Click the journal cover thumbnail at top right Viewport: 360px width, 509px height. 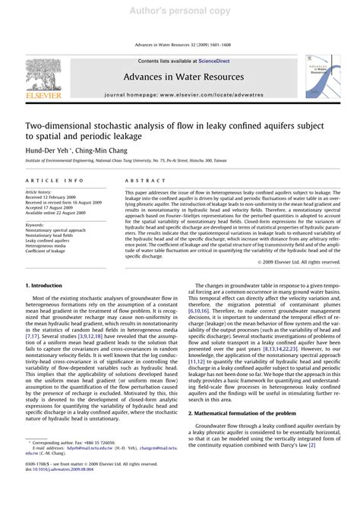324,78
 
